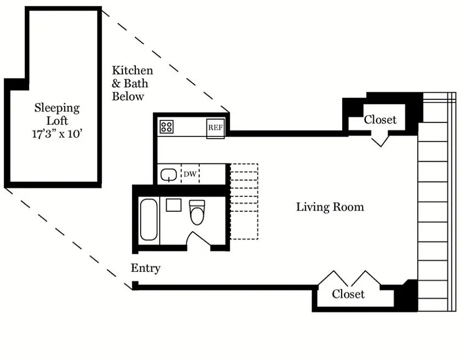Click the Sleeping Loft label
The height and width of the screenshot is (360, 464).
57,114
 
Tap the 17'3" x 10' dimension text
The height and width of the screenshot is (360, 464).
57,135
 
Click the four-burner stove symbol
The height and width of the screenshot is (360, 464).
166,126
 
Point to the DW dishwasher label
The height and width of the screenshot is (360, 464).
190,174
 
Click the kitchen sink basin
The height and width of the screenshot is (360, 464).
169,174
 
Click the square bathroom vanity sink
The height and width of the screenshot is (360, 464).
174,205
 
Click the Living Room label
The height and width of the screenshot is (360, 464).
330,207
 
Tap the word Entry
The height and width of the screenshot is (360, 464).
145,268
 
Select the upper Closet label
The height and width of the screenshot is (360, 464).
380,120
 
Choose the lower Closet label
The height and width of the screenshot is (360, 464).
348,294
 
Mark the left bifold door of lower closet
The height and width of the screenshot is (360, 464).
333,279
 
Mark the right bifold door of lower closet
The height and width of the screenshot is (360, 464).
365,279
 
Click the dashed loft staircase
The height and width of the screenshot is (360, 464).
244,201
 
